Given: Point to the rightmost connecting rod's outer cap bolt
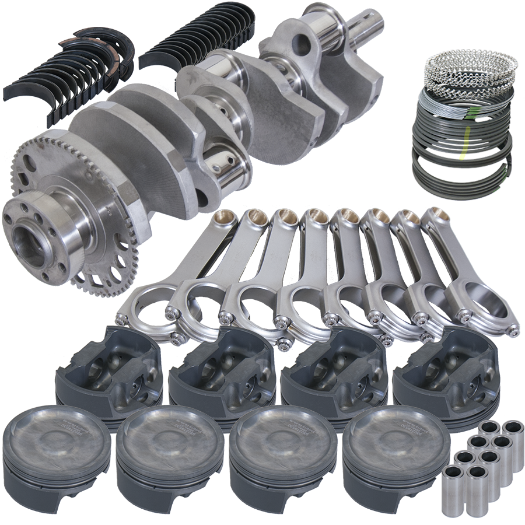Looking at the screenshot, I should (x=513, y=331).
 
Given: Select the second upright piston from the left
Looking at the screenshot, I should (x=170, y=437).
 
